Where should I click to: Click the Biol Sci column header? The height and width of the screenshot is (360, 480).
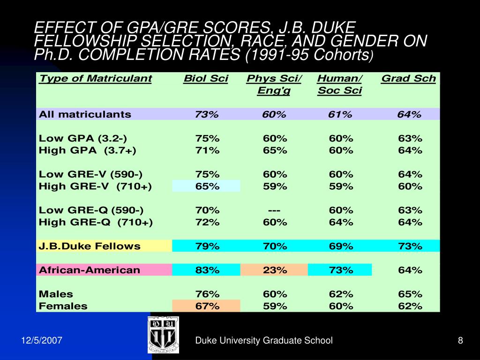(x=206, y=79)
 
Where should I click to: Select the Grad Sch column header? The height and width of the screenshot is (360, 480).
(x=408, y=79)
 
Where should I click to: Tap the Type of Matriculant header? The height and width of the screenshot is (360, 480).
(x=95, y=79)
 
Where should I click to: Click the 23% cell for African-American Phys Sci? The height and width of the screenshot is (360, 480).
(x=274, y=270)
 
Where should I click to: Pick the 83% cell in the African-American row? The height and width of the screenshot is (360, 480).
(x=207, y=270)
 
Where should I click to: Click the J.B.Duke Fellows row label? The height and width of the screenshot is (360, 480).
(x=90, y=246)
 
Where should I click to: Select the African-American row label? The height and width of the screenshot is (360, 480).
(x=90, y=270)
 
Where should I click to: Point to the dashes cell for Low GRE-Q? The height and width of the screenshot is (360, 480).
(x=274, y=210)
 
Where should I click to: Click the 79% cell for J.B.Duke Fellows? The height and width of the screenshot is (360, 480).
(x=207, y=246)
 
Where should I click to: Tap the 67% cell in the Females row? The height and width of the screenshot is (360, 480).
(x=207, y=306)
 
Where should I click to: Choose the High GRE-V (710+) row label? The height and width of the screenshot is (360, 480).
(x=95, y=186)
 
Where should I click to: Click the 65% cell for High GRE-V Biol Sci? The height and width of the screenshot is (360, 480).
(x=207, y=186)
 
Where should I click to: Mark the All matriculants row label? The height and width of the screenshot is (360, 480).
(x=85, y=114)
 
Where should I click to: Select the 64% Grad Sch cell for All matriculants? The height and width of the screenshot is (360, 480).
(x=409, y=114)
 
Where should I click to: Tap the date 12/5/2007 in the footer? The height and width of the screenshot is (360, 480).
(x=42, y=341)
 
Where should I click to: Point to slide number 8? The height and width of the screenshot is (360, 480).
(x=460, y=341)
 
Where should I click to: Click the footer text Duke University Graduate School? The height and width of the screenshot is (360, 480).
(x=263, y=341)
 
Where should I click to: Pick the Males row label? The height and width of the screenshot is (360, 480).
(x=56, y=294)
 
